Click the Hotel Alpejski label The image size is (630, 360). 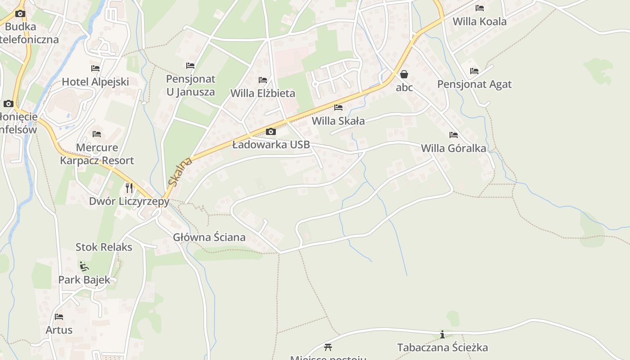pos(95,81)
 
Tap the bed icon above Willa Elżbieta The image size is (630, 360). pos(263,80)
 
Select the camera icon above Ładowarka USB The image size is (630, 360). pos(271,131)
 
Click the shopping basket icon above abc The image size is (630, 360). pos(404,74)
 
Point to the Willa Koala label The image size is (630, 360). pos(479,21)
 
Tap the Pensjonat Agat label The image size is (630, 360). pos(474,84)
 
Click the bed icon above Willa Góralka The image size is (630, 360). pos(454,135)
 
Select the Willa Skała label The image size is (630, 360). pos(338,121)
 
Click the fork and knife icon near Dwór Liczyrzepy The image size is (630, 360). pos(129,187)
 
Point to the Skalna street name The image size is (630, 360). pos(180,171)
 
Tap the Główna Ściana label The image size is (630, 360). pos(209,237)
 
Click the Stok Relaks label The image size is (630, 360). pos(104,247)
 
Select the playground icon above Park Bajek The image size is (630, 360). pos(84,266)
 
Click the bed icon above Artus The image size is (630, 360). pos(59,316)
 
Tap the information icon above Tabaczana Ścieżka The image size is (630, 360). pos(442,334)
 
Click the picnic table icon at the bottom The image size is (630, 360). pos(328,347)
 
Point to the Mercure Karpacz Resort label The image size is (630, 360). pos(97,154)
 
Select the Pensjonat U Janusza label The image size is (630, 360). pos(191,85)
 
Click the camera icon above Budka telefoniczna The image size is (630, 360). pos(20,13)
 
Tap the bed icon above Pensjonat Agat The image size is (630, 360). pos(474,71)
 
